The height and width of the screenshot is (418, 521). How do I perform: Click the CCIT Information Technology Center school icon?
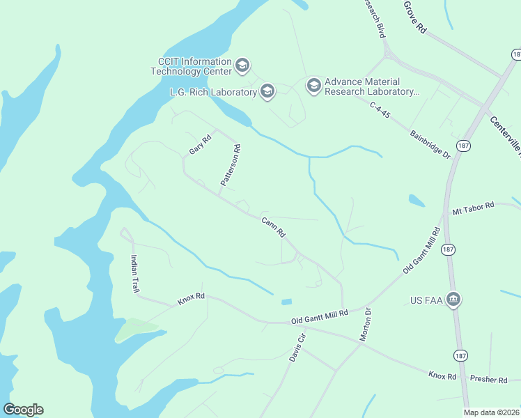click(x=242, y=65)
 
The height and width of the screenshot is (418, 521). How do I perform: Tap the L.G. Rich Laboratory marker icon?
click(x=267, y=91)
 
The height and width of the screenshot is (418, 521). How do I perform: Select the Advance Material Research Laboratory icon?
click(x=313, y=86)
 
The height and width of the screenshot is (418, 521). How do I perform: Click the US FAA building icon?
click(x=453, y=300)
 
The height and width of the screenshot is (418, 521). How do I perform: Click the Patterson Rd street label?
click(x=231, y=165)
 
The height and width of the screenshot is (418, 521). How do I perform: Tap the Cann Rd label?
click(x=273, y=228)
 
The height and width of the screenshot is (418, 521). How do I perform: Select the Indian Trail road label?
click(x=134, y=273)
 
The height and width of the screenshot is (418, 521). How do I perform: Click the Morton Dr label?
click(x=364, y=324)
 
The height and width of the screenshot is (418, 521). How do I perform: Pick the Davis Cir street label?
click(x=298, y=348)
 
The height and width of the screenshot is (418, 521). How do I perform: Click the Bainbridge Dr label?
click(x=430, y=144)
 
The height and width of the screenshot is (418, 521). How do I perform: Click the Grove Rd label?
click(x=414, y=17)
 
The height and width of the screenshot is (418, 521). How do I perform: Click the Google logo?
click(x=23, y=410)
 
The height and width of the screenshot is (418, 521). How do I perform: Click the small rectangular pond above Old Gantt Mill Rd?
click(x=286, y=302)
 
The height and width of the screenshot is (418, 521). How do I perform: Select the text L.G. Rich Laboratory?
click(x=213, y=91)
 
